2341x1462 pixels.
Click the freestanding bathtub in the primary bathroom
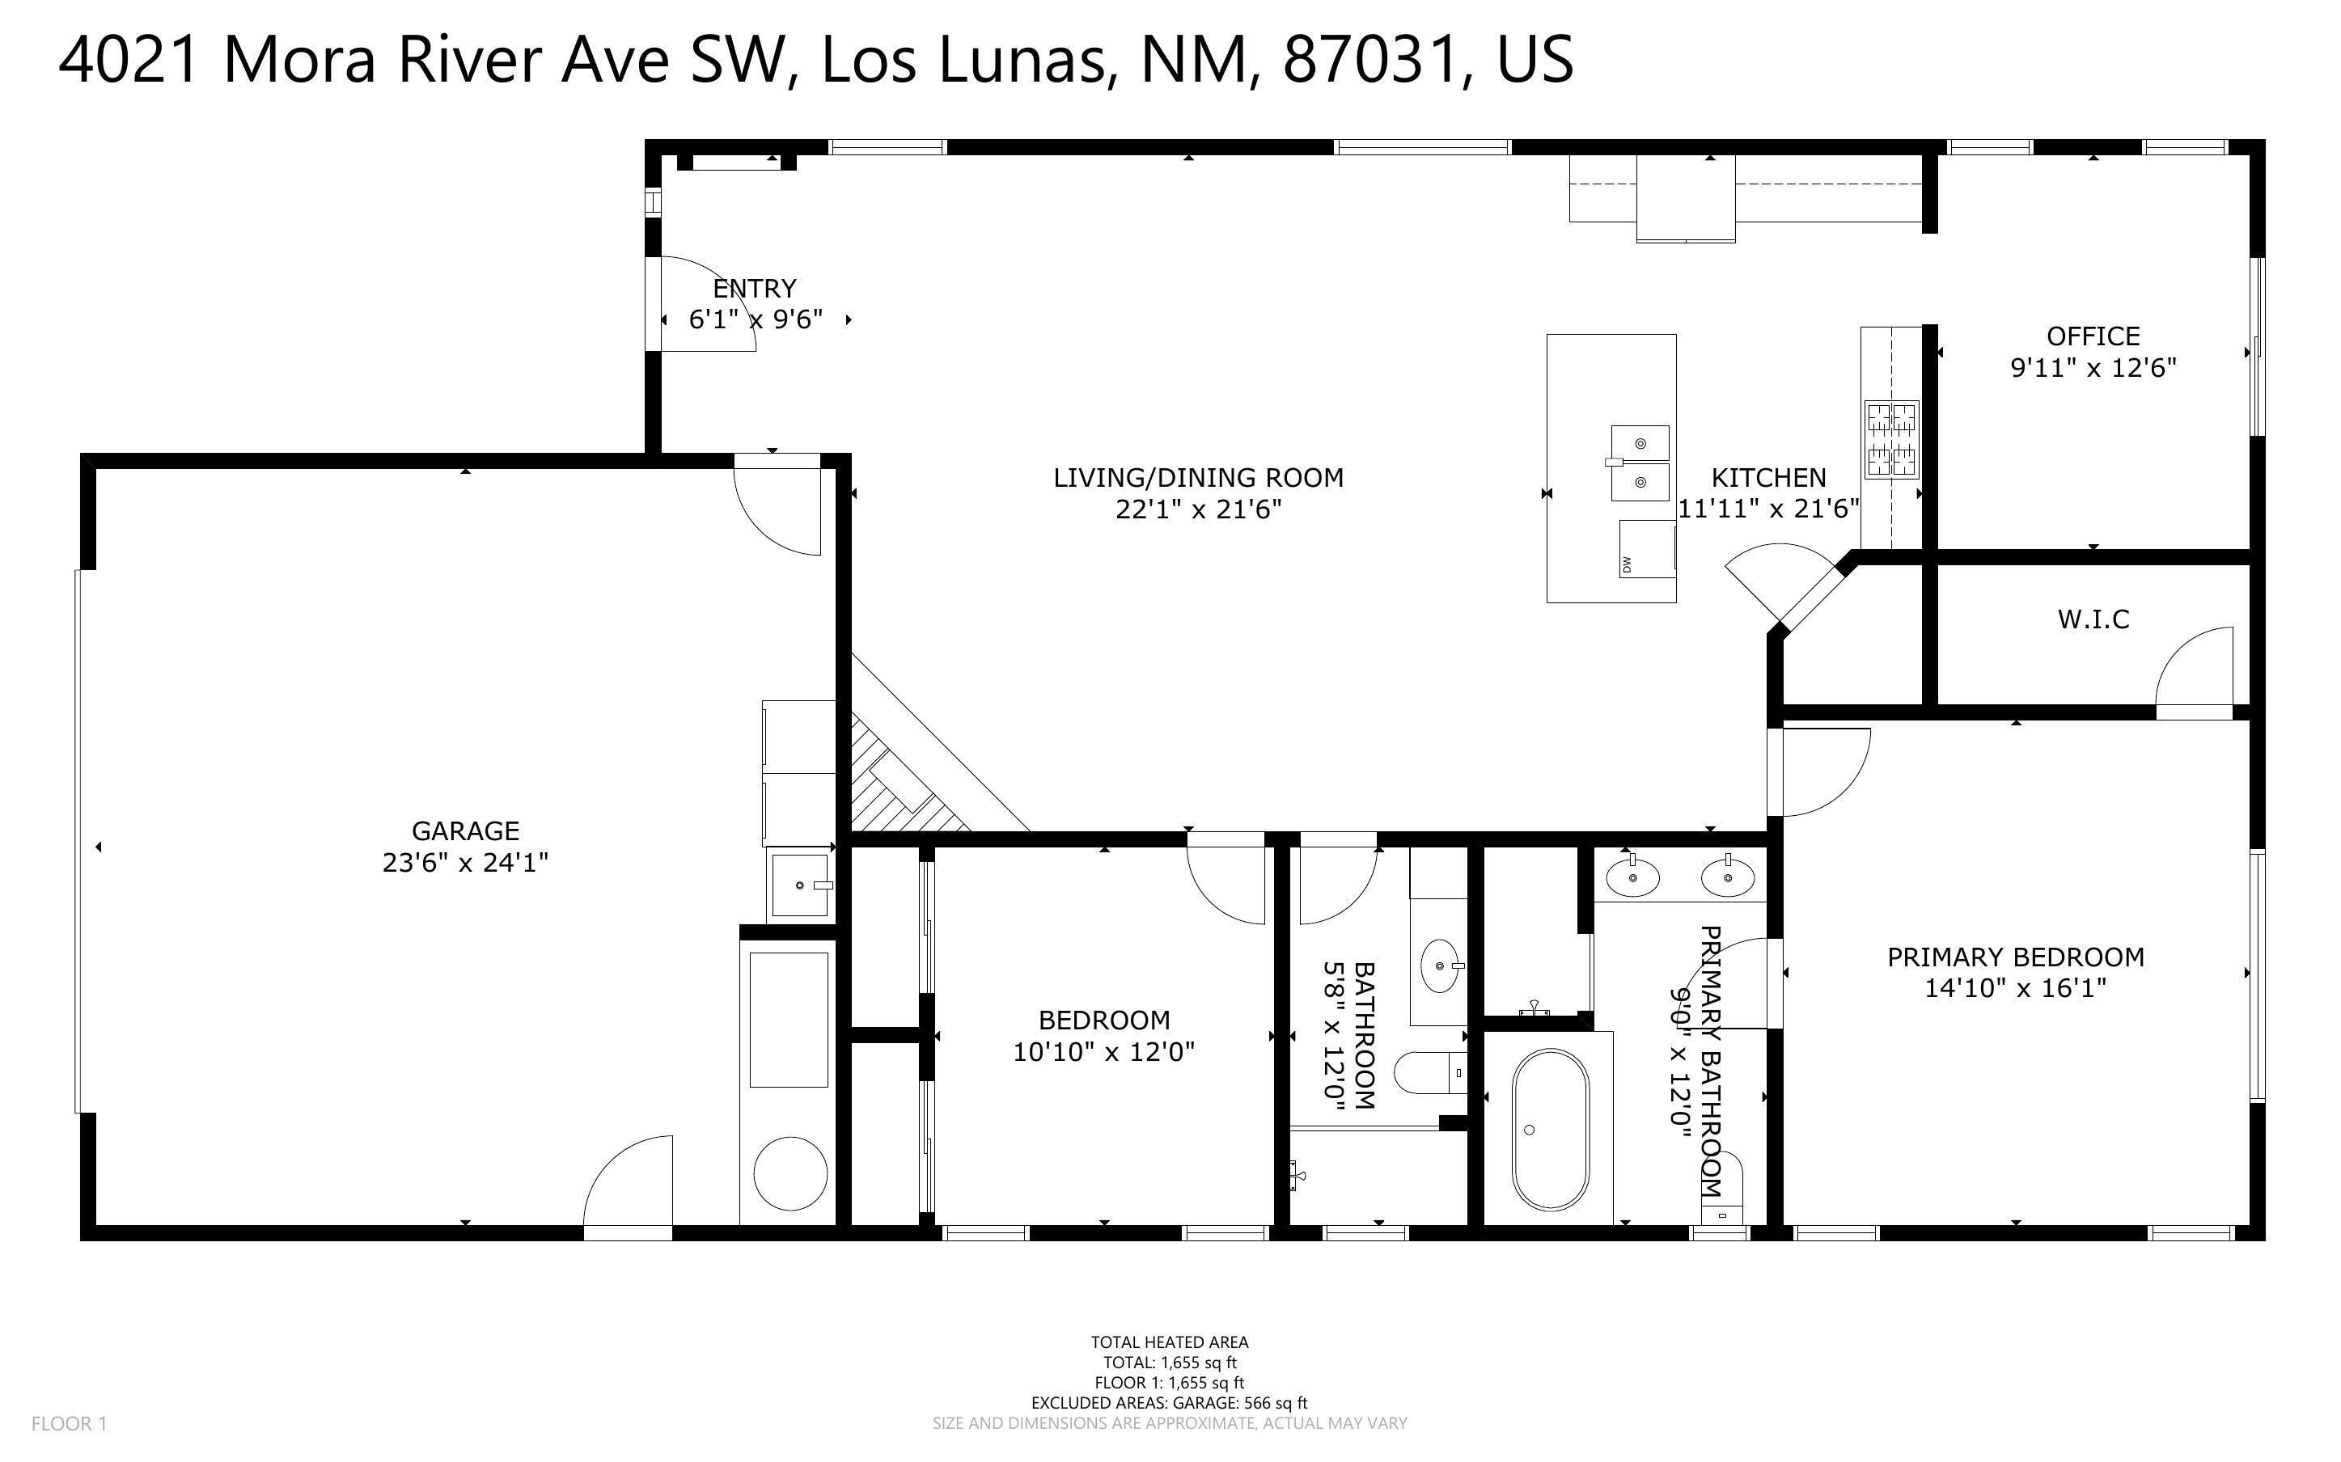(1550, 1130)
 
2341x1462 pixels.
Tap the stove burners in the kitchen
(1891, 439)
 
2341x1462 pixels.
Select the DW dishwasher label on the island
(1627, 564)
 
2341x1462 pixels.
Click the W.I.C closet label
(2093, 619)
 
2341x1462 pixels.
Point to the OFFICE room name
(2093, 336)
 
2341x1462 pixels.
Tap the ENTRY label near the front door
(754, 288)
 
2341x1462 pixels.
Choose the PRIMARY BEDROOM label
(2016, 957)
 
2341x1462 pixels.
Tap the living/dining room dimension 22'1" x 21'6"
(1199, 509)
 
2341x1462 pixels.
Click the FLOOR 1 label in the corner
(70, 1423)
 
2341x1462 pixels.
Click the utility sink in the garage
(801, 885)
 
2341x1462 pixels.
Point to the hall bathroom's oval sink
(1440, 965)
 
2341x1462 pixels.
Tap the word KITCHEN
(1768, 478)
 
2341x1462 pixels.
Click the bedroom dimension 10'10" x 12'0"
(1104, 1052)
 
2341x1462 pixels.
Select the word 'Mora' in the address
(298, 59)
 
